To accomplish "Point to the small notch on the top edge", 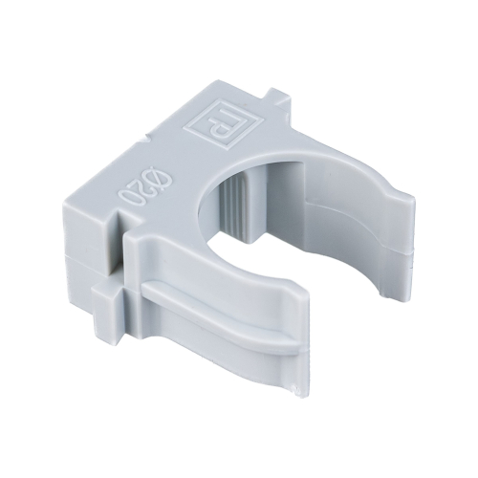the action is (145, 139).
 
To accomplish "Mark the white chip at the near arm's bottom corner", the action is (297, 389).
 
